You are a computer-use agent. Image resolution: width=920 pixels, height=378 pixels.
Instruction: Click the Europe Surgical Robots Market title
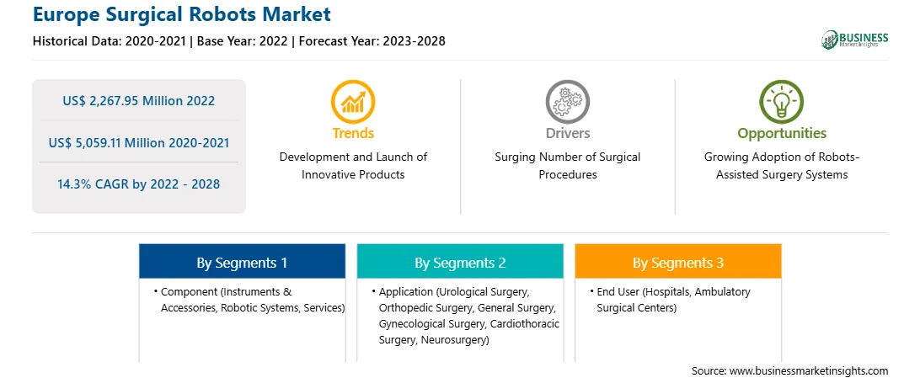pos(181,14)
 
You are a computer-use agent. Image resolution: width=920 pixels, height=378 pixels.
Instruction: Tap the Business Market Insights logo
pos(854,40)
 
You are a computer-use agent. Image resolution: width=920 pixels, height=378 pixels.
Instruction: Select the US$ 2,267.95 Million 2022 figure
pos(138,100)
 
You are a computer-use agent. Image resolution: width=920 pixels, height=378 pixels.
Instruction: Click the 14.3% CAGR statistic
pos(138,184)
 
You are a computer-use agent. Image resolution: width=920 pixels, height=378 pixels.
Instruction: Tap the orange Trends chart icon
pos(353,101)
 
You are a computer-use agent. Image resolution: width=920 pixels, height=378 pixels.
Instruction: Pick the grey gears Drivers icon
pos(567,101)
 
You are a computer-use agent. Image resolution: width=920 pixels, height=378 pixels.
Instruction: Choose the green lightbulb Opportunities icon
pos(782,101)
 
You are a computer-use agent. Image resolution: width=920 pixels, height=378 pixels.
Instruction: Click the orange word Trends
pos(353,133)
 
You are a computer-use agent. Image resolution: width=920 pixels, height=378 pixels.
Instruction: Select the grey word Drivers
pos(568,133)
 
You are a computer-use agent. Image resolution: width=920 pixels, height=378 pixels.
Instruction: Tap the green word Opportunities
pos(782,134)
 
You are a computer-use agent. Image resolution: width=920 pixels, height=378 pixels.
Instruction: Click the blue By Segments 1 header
pos(243,263)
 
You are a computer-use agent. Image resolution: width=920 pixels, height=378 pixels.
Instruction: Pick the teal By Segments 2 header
pos(460,263)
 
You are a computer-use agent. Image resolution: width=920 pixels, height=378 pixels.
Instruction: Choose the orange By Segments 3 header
pos(678,263)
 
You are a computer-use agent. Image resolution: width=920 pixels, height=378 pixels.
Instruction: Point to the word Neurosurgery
pos(453,340)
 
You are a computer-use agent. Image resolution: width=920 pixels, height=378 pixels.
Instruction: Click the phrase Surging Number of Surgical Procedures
pos(567,165)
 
